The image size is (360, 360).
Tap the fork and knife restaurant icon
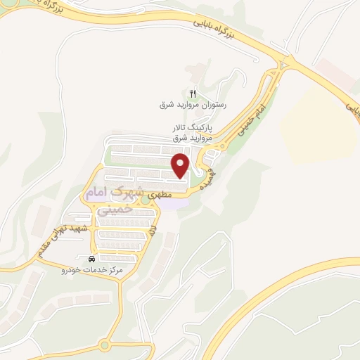click(x=192, y=94)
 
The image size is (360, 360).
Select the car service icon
click(x=92, y=259)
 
